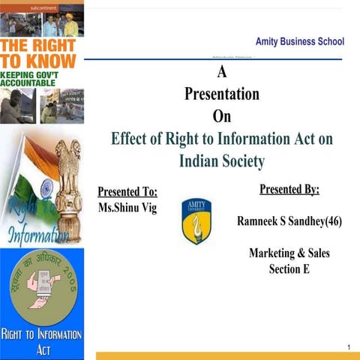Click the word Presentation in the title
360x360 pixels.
coord(222,94)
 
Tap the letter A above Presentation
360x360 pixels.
coord(221,73)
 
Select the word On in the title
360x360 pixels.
coord(222,116)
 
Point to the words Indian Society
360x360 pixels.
coord(222,160)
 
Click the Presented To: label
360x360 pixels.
coord(127,191)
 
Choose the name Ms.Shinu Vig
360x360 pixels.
coord(127,207)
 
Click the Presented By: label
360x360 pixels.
coord(289,189)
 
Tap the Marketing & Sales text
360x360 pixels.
coord(289,253)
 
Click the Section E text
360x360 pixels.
coord(289,268)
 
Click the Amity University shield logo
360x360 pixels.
coord(196,220)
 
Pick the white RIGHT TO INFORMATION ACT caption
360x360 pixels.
coord(42,342)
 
